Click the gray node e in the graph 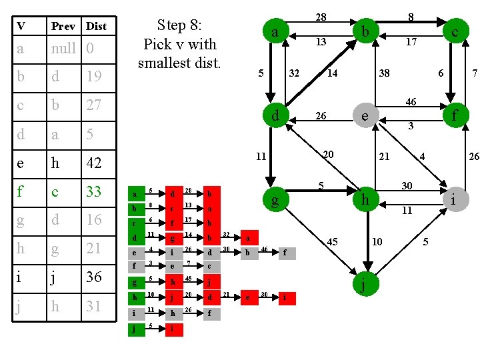point(364,117)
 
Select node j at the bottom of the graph point(363,285)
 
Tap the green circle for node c point(453,30)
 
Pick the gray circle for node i point(453,199)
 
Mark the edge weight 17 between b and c point(411,41)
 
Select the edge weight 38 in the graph point(385,73)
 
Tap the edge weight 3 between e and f point(411,125)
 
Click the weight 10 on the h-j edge point(377,241)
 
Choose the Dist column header point(96,26)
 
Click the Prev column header point(63,26)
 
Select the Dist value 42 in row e point(94,163)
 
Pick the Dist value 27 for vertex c point(94,105)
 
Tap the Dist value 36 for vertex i point(94,277)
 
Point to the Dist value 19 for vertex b point(94,76)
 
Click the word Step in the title point(171,25)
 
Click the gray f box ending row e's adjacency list point(285,253)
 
